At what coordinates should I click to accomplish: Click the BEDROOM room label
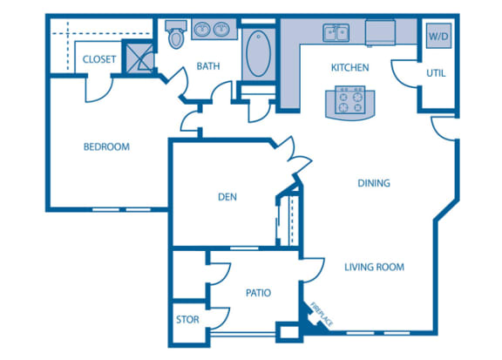point(106,147)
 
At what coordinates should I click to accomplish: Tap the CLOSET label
point(100,59)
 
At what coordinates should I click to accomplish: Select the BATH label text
point(208,66)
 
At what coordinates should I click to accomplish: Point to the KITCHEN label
point(349,67)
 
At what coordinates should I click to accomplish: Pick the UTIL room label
point(437,73)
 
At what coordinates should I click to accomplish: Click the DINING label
point(373,184)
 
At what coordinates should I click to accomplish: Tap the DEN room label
point(227,197)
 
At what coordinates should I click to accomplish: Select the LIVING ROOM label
point(373,268)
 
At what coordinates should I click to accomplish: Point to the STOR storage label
point(187,320)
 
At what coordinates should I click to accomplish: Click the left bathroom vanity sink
point(202,31)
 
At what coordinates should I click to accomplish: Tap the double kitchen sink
point(336,34)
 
